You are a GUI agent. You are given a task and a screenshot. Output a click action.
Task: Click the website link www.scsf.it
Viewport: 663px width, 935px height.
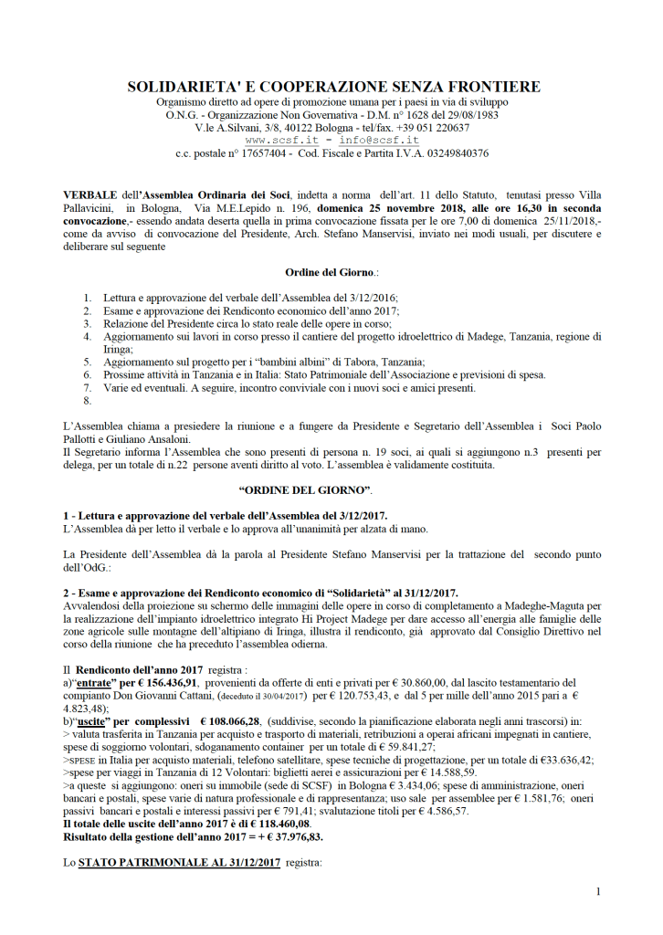coord(280,141)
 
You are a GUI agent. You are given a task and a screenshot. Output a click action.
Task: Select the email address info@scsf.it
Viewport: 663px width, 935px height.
coord(379,141)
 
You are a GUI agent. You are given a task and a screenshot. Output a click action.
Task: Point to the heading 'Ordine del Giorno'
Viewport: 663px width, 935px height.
coord(330,272)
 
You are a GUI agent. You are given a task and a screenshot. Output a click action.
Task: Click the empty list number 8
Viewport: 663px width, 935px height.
coord(88,400)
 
